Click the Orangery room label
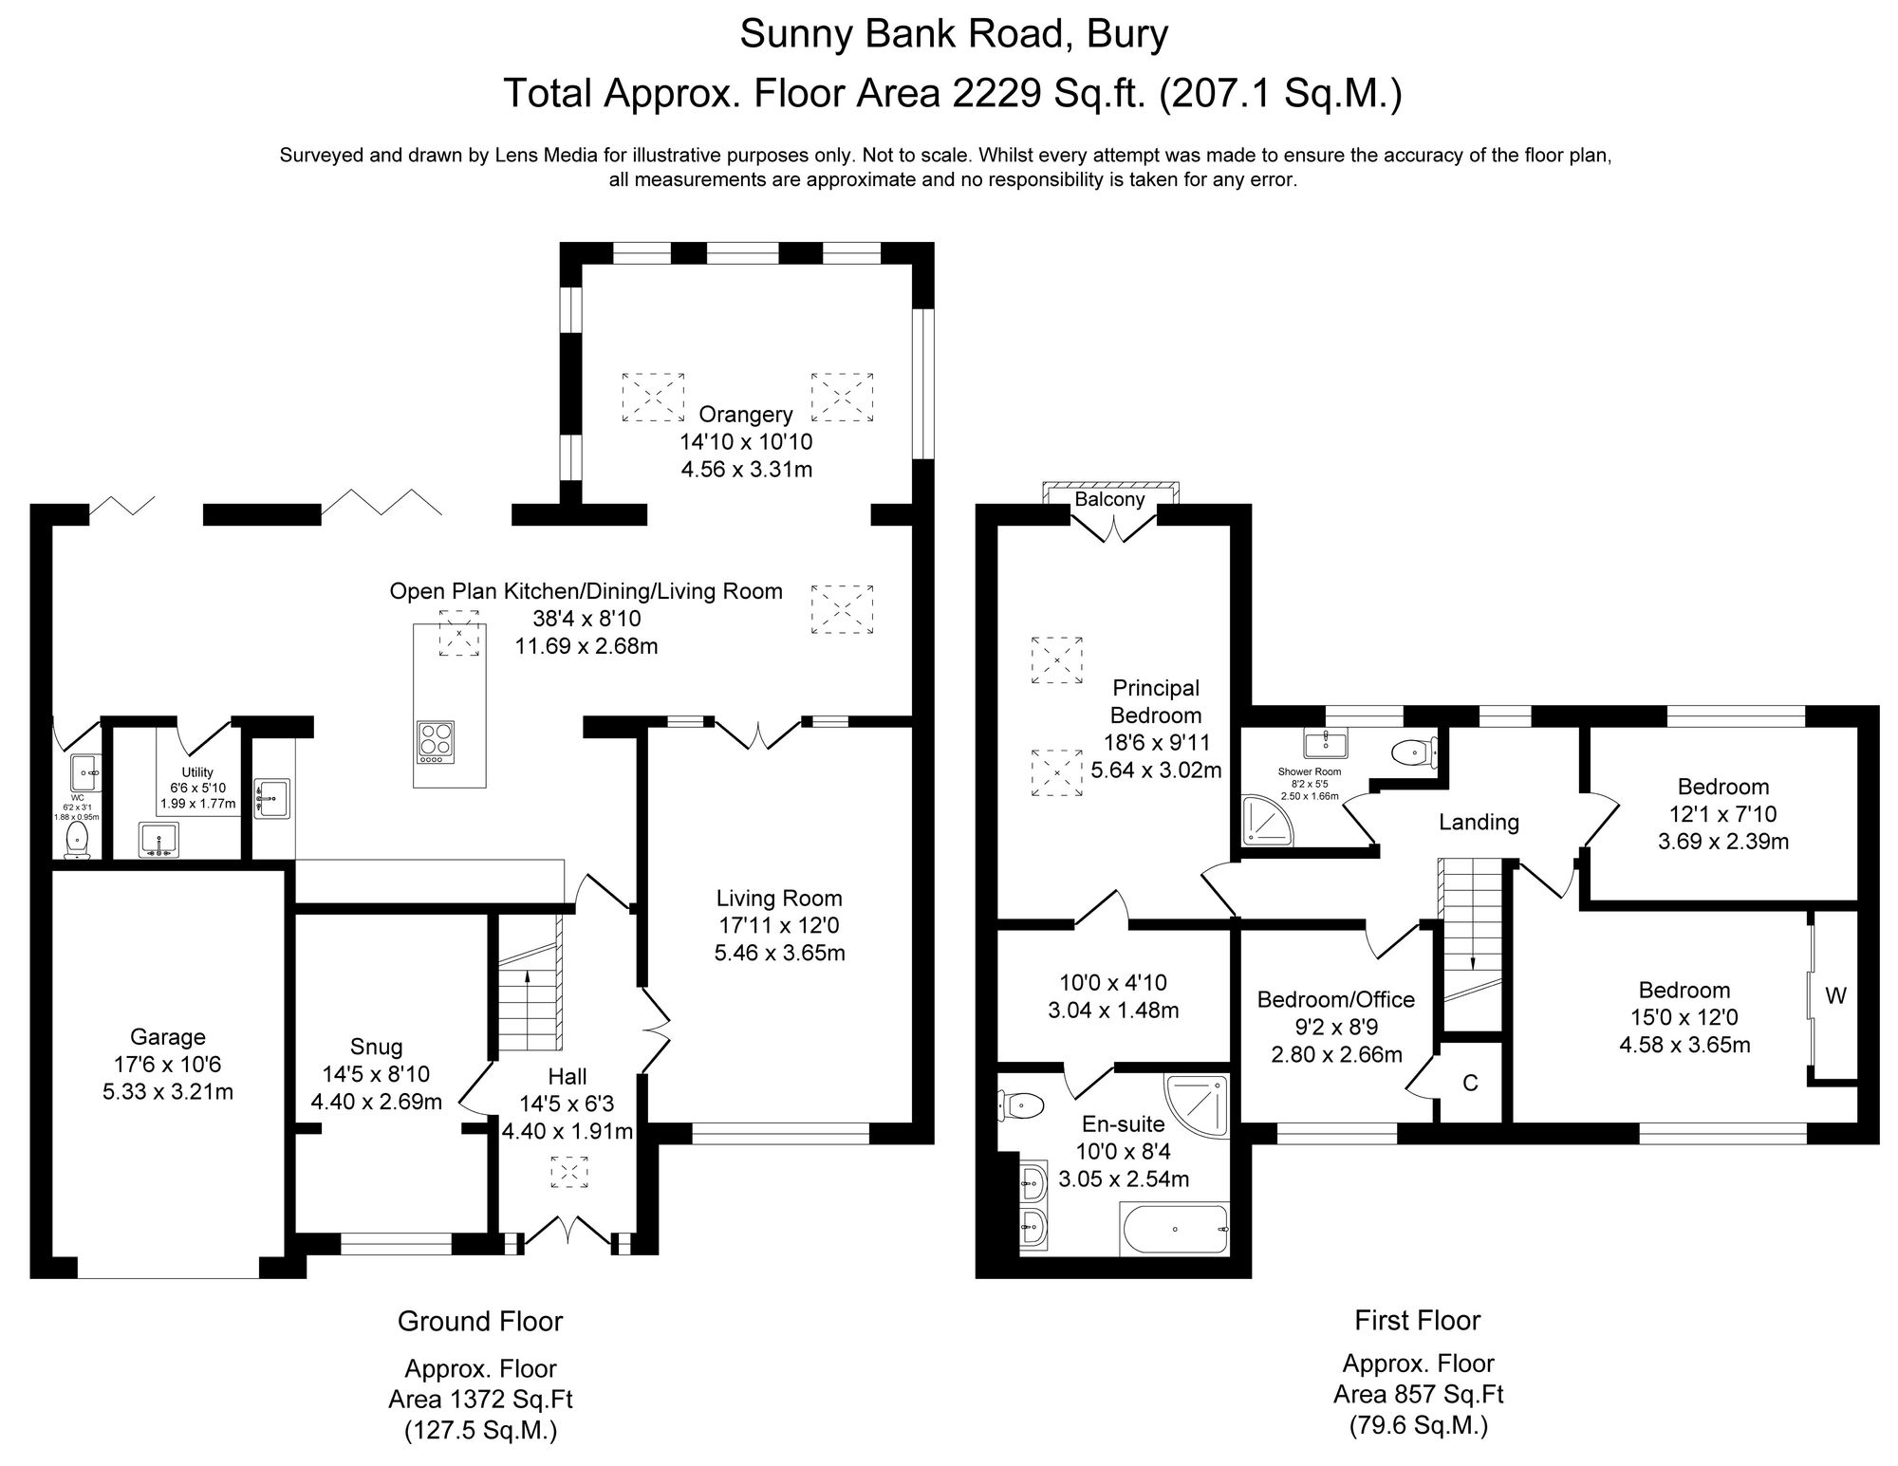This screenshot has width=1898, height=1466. click(x=745, y=415)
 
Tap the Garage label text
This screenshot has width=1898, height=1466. click(x=168, y=1037)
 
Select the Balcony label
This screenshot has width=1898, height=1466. click(x=1109, y=499)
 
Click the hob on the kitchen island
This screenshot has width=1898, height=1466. click(x=437, y=743)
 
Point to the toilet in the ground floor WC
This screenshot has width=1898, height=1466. click(x=77, y=840)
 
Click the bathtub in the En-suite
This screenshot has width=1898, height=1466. click(x=1175, y=1230)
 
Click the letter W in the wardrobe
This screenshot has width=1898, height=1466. click(x=1836, y=996)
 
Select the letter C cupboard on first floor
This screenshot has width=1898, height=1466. click(x=1470, y=1084)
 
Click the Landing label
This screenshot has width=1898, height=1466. click(x=1479, y=822)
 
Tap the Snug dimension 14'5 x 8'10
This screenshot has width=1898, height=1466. click(x=377, y=1074)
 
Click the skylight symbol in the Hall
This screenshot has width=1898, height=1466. click(x=570, y=1172)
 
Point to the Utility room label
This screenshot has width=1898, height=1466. click(x=197, y=772)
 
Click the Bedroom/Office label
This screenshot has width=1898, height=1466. click(x=1335, y=999)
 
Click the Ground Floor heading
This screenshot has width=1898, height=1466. click(x=480, y=1321)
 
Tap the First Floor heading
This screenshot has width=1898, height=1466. click(x=1417, y=1320)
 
